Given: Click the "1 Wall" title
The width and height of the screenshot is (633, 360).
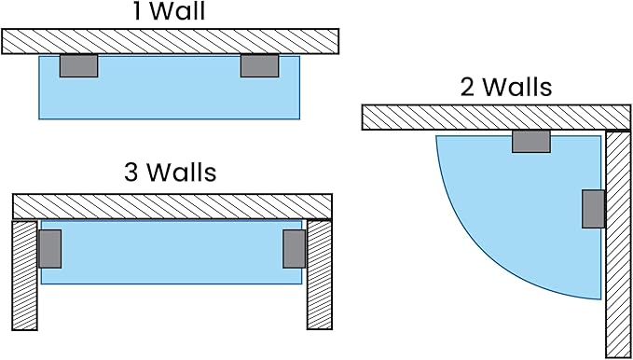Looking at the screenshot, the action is pyautogui.click(x=170, y=11).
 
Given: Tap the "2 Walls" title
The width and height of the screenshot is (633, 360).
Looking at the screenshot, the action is pyautogui.click(x=506, y=87).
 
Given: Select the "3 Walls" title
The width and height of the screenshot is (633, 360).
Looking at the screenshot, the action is pyautogui.click(x=170, y=173).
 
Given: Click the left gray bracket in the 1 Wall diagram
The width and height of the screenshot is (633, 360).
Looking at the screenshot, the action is pyautogui.click(x=78, y=65).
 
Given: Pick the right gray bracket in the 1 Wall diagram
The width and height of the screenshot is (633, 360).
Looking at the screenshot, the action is pyautogui.click(x=259, y=65).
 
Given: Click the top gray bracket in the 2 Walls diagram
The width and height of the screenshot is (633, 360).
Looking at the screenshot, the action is pyautogui.click(x=531, y=141).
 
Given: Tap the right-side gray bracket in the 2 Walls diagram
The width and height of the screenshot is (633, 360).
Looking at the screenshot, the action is pyautogui.click(x=593, y=209).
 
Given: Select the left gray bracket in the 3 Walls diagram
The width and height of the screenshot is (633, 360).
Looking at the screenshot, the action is pyautogui.click(x=50, y=249).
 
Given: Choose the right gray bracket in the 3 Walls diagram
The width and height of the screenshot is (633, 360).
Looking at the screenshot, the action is pyautogui.click(x=295, y=249).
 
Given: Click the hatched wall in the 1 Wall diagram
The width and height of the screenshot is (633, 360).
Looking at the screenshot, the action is pyautogui.click(x=170, y=41).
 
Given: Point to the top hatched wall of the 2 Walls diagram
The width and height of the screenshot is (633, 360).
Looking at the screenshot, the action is pyautogui.click(x=496, y=118).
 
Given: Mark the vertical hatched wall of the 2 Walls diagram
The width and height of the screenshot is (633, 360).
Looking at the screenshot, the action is pyautogui.click(x=618, y=243).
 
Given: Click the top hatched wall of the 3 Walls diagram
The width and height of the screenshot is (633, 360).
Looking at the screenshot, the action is pyautogui.click(x=172, y=206).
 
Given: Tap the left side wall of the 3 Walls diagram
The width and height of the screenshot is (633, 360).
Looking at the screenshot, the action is pyautogui.click(x=24, y=275).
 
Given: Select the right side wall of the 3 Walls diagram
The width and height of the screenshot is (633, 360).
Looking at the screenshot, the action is pyautogui.click(x=320, y=275).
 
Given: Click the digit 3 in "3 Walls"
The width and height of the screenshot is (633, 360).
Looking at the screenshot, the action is pyautogui.click(x=131, y=173).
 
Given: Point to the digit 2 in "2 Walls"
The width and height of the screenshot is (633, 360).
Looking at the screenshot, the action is pyautogui.click(x=467, y=88).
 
